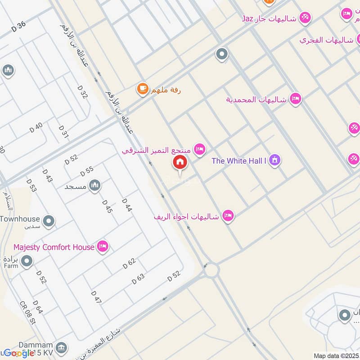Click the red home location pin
click(x=180, y=162)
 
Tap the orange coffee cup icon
click(x=143, y=89)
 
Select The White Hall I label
click(x=239, y=160)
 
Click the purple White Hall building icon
click(x=275, y=160)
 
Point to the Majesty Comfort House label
click(x=54, y=247)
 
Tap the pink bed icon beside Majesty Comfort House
click(x=103, y=247)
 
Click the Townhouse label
click(x=20, y=219)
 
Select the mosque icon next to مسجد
click(x=94, y=185)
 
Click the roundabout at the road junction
click(x=211, y=271)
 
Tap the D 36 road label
click(x=18, y=27)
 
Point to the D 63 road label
click(x=138, y=279)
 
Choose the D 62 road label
click(x=129, y=264)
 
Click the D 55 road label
click(x=86, y=171)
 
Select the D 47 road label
click(x=96, y=297)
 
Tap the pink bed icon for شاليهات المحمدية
click(x=295, y=99)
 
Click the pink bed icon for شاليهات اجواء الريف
click(x=229, y=216)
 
